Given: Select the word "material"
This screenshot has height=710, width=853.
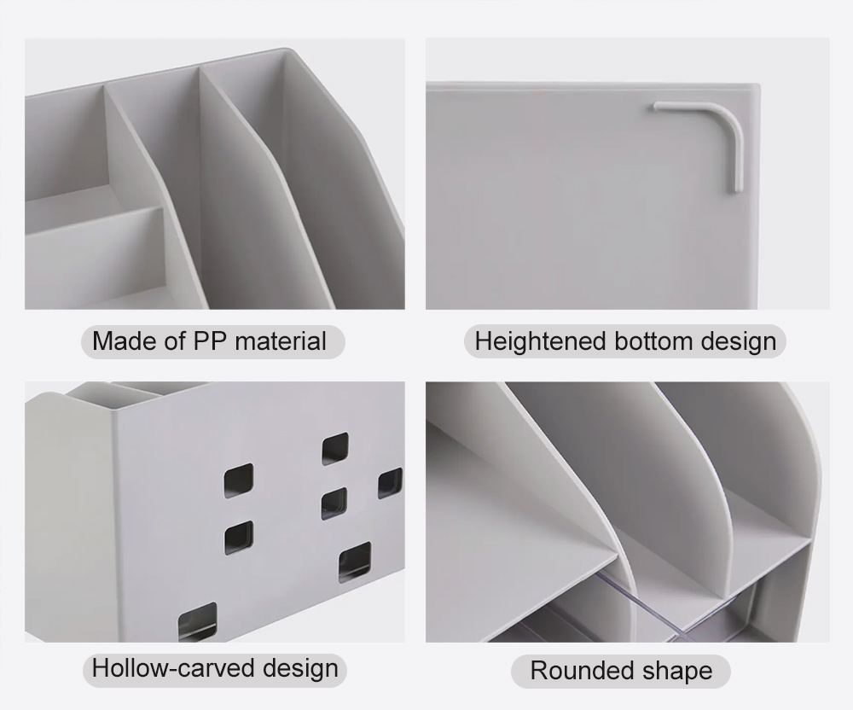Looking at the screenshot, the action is tap(281, 341).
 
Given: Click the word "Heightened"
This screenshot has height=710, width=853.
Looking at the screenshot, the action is tap(540, 341).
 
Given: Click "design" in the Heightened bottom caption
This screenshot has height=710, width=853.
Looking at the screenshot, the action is tap(738, 342).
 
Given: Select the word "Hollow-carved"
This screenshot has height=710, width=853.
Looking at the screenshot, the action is tap(173, 667).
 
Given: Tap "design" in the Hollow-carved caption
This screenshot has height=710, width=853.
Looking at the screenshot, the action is tap(300, 669).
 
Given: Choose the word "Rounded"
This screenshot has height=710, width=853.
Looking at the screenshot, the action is tap(582, 670).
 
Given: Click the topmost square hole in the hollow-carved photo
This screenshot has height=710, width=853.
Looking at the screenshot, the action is tap(335, 449).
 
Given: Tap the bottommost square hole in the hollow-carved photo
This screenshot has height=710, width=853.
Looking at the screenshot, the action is tap(197, 620).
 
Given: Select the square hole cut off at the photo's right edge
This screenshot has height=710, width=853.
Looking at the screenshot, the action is tap(391, 483).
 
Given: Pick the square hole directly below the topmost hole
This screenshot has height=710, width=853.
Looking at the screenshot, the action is tap(334, 503).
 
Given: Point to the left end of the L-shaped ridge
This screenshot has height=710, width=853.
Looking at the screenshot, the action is tap(656, 106).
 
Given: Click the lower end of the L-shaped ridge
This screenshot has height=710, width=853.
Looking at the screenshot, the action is tap(738, 189).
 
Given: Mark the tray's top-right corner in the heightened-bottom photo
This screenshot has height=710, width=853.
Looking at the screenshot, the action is tap(758, 84).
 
